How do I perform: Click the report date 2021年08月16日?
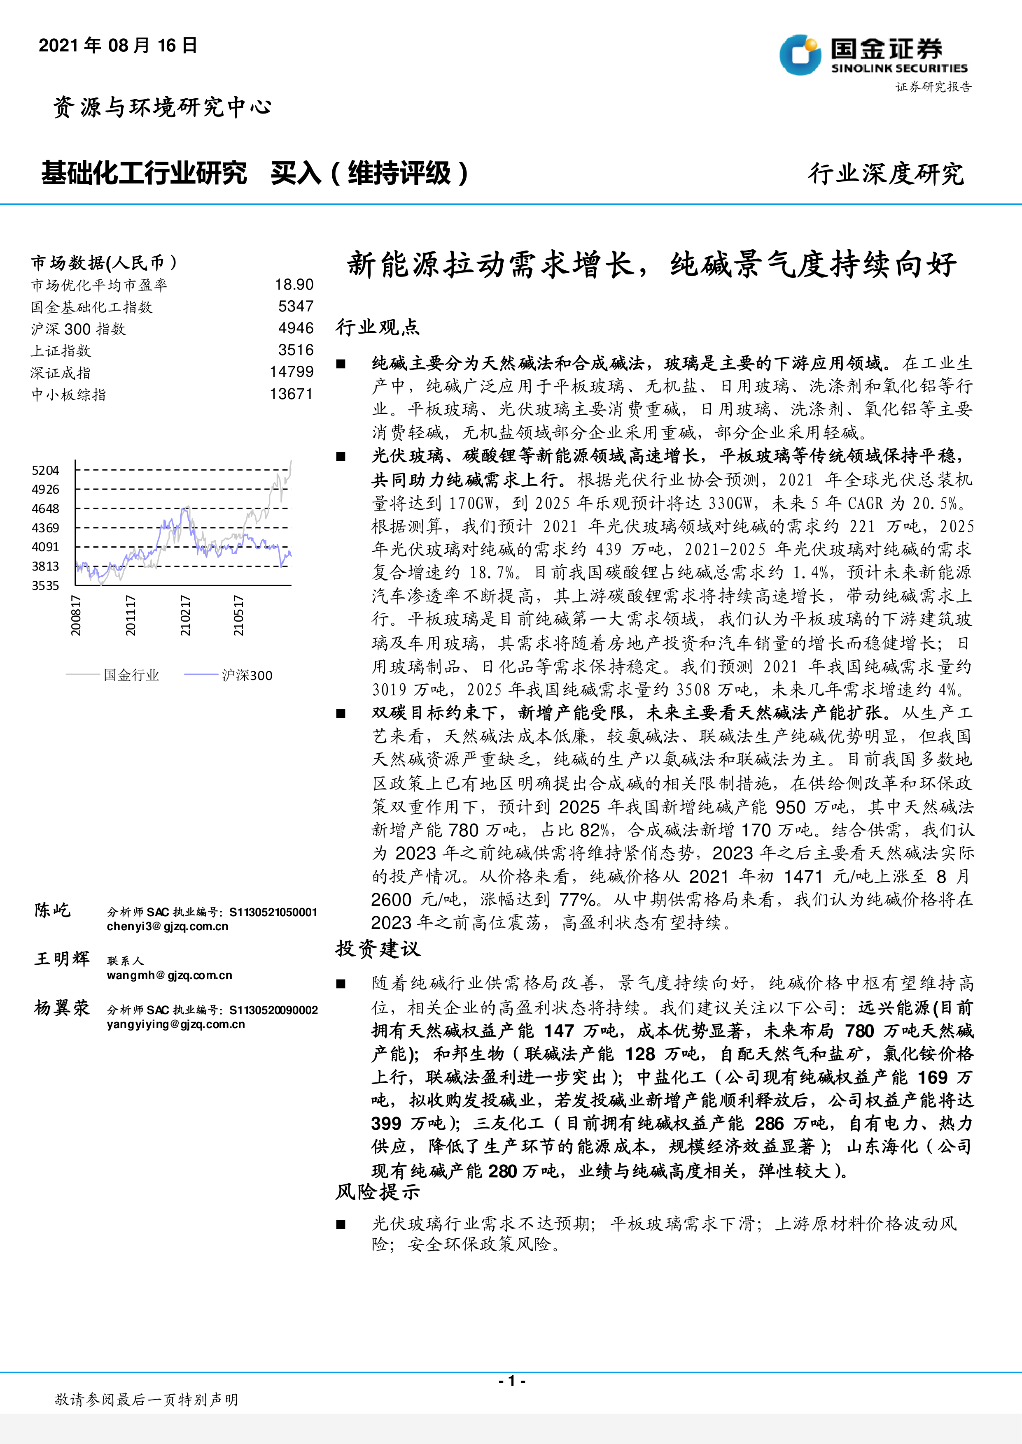118,45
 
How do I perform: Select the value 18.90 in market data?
294,285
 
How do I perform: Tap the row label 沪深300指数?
79,329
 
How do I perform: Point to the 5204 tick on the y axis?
45,471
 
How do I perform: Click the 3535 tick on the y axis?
45,585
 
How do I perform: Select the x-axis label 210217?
185,615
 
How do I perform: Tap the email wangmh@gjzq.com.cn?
169,975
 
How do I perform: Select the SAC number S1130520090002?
273,1010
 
